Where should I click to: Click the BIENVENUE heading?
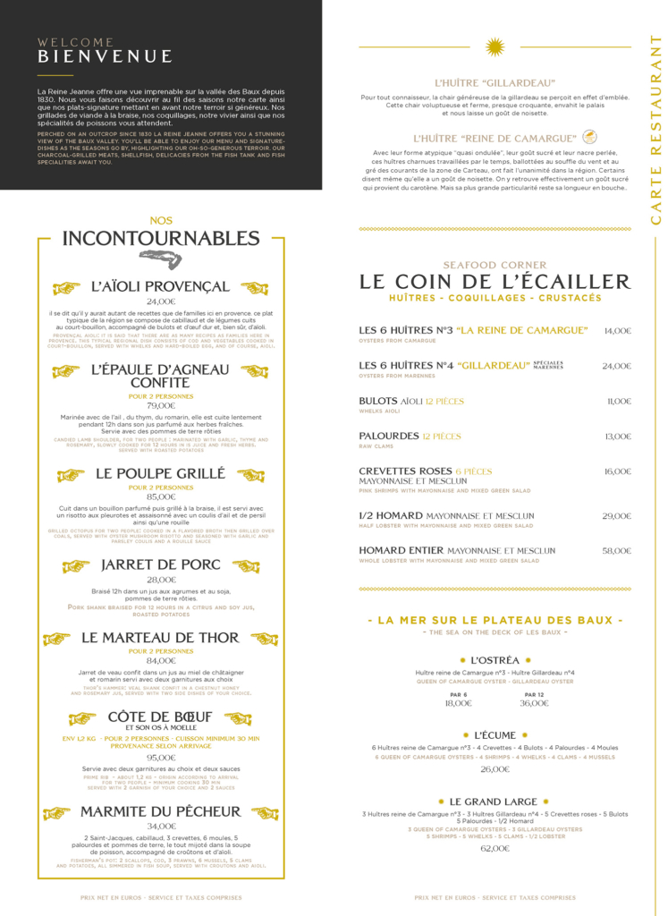tap(105, 57)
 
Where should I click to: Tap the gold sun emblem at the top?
tap(495, 47)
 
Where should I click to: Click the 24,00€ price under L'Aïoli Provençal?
tap(161, 301)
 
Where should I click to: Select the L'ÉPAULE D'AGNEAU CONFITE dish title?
tap(160, 376)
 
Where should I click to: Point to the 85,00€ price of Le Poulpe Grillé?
tap(161, 496)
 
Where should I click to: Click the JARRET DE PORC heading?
tap(161, 565)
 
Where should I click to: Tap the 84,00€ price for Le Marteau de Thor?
tap(161, 660)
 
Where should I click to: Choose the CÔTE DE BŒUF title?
tap(160, 717)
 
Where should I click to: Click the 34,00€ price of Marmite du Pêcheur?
tap(161, 826)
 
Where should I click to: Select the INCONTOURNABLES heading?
tap(161, 238)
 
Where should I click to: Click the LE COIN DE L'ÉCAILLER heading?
tap(495, 282)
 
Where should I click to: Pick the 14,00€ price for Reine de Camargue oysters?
tap(617, 331)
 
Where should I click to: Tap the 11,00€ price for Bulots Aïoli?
tap(619, 402)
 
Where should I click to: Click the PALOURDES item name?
tap(388, 437)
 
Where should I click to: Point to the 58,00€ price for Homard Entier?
tap(616, 551)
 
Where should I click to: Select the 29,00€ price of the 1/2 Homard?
tap(616, 516)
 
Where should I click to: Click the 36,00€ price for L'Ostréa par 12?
tap(534, 703)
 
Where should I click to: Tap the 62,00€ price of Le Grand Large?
tap(495, 848)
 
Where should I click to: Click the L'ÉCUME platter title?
tap(495, 735)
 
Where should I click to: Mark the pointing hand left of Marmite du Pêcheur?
tap(56, 813)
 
